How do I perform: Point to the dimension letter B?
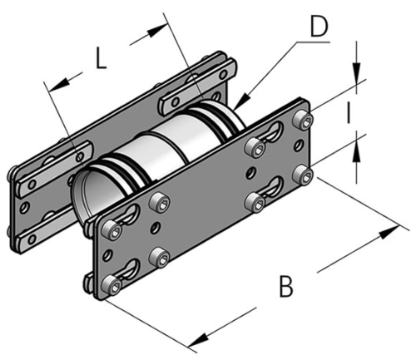coord(286,287)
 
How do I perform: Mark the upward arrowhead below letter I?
coord(355,150)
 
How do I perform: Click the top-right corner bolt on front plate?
coord(308,121)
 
